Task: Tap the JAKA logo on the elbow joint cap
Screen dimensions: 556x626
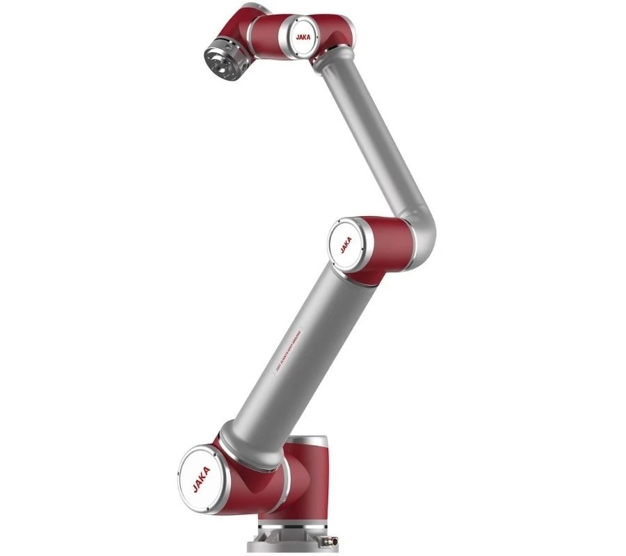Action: point(346,244)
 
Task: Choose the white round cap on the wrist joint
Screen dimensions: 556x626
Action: point(300,35)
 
